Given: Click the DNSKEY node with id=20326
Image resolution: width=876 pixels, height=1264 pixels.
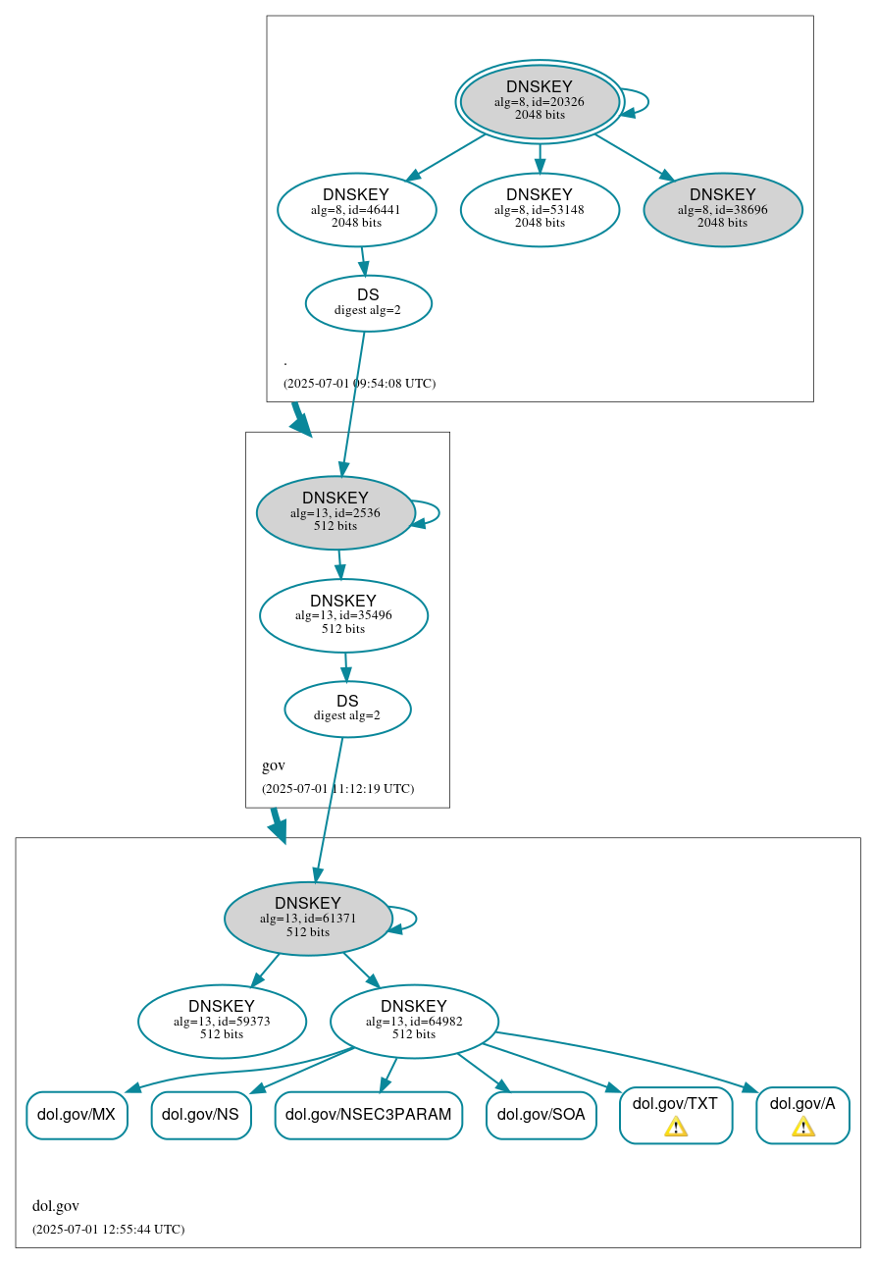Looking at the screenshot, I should [x=540, y=102].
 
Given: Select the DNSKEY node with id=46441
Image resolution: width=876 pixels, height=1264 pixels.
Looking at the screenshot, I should [x=356, y=209].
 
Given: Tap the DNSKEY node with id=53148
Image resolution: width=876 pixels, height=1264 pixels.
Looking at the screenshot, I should [x=540, y=209].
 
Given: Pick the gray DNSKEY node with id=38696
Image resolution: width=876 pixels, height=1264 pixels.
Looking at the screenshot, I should [x=722, y=209].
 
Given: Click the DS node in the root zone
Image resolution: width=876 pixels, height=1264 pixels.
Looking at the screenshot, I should [x=368, y=303].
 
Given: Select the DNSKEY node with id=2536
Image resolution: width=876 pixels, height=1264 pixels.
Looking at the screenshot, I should [x=335, y=512].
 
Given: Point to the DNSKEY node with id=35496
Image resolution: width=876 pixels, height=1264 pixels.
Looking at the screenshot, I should [x=343, y=615].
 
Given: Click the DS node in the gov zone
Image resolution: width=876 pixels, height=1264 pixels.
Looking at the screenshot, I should [x=347, y=709].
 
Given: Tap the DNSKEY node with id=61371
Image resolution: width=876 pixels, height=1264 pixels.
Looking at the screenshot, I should [x=308, y=919].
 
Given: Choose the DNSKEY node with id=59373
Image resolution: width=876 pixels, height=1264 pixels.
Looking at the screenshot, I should [x=222, y=1022].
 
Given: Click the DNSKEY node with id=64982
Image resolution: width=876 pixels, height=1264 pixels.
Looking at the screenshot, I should [x=414, y=1022].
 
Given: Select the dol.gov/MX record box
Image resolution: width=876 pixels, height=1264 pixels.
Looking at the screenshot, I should [x=77, y=1115].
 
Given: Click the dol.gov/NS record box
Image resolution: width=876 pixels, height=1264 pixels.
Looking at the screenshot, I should [x=201, y=1115].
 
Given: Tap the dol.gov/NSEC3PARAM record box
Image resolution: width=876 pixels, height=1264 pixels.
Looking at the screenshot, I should [x=368, y=1115].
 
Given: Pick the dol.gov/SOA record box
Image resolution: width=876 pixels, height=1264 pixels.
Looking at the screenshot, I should [x=541, y=1115].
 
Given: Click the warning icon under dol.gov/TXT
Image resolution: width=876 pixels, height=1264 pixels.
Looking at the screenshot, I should [x=675, y=1127].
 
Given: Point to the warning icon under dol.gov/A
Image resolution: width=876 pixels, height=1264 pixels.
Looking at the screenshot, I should [x=802, y=1127].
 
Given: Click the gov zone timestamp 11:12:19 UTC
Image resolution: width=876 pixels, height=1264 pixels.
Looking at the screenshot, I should [x=337, y=789].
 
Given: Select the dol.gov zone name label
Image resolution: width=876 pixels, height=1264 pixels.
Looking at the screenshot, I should [x=56, y=1206].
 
